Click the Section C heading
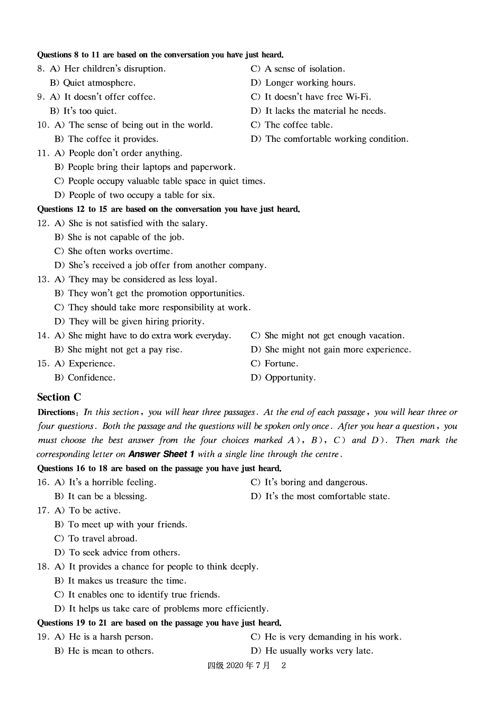click(59, 397)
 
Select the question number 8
click(40, 69)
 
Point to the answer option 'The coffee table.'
click(299, 125)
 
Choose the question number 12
click(43, 223)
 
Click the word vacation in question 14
click(385, 336)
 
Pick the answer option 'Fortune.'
click(281, 364)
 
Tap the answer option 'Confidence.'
click(91, 378)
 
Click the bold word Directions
click(57, 412)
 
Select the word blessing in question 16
click(129, 497)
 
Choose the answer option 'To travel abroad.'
click(103, 538)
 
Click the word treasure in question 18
click(132, 581)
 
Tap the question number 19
click(43, 637)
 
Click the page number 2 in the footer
click(283, 665)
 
